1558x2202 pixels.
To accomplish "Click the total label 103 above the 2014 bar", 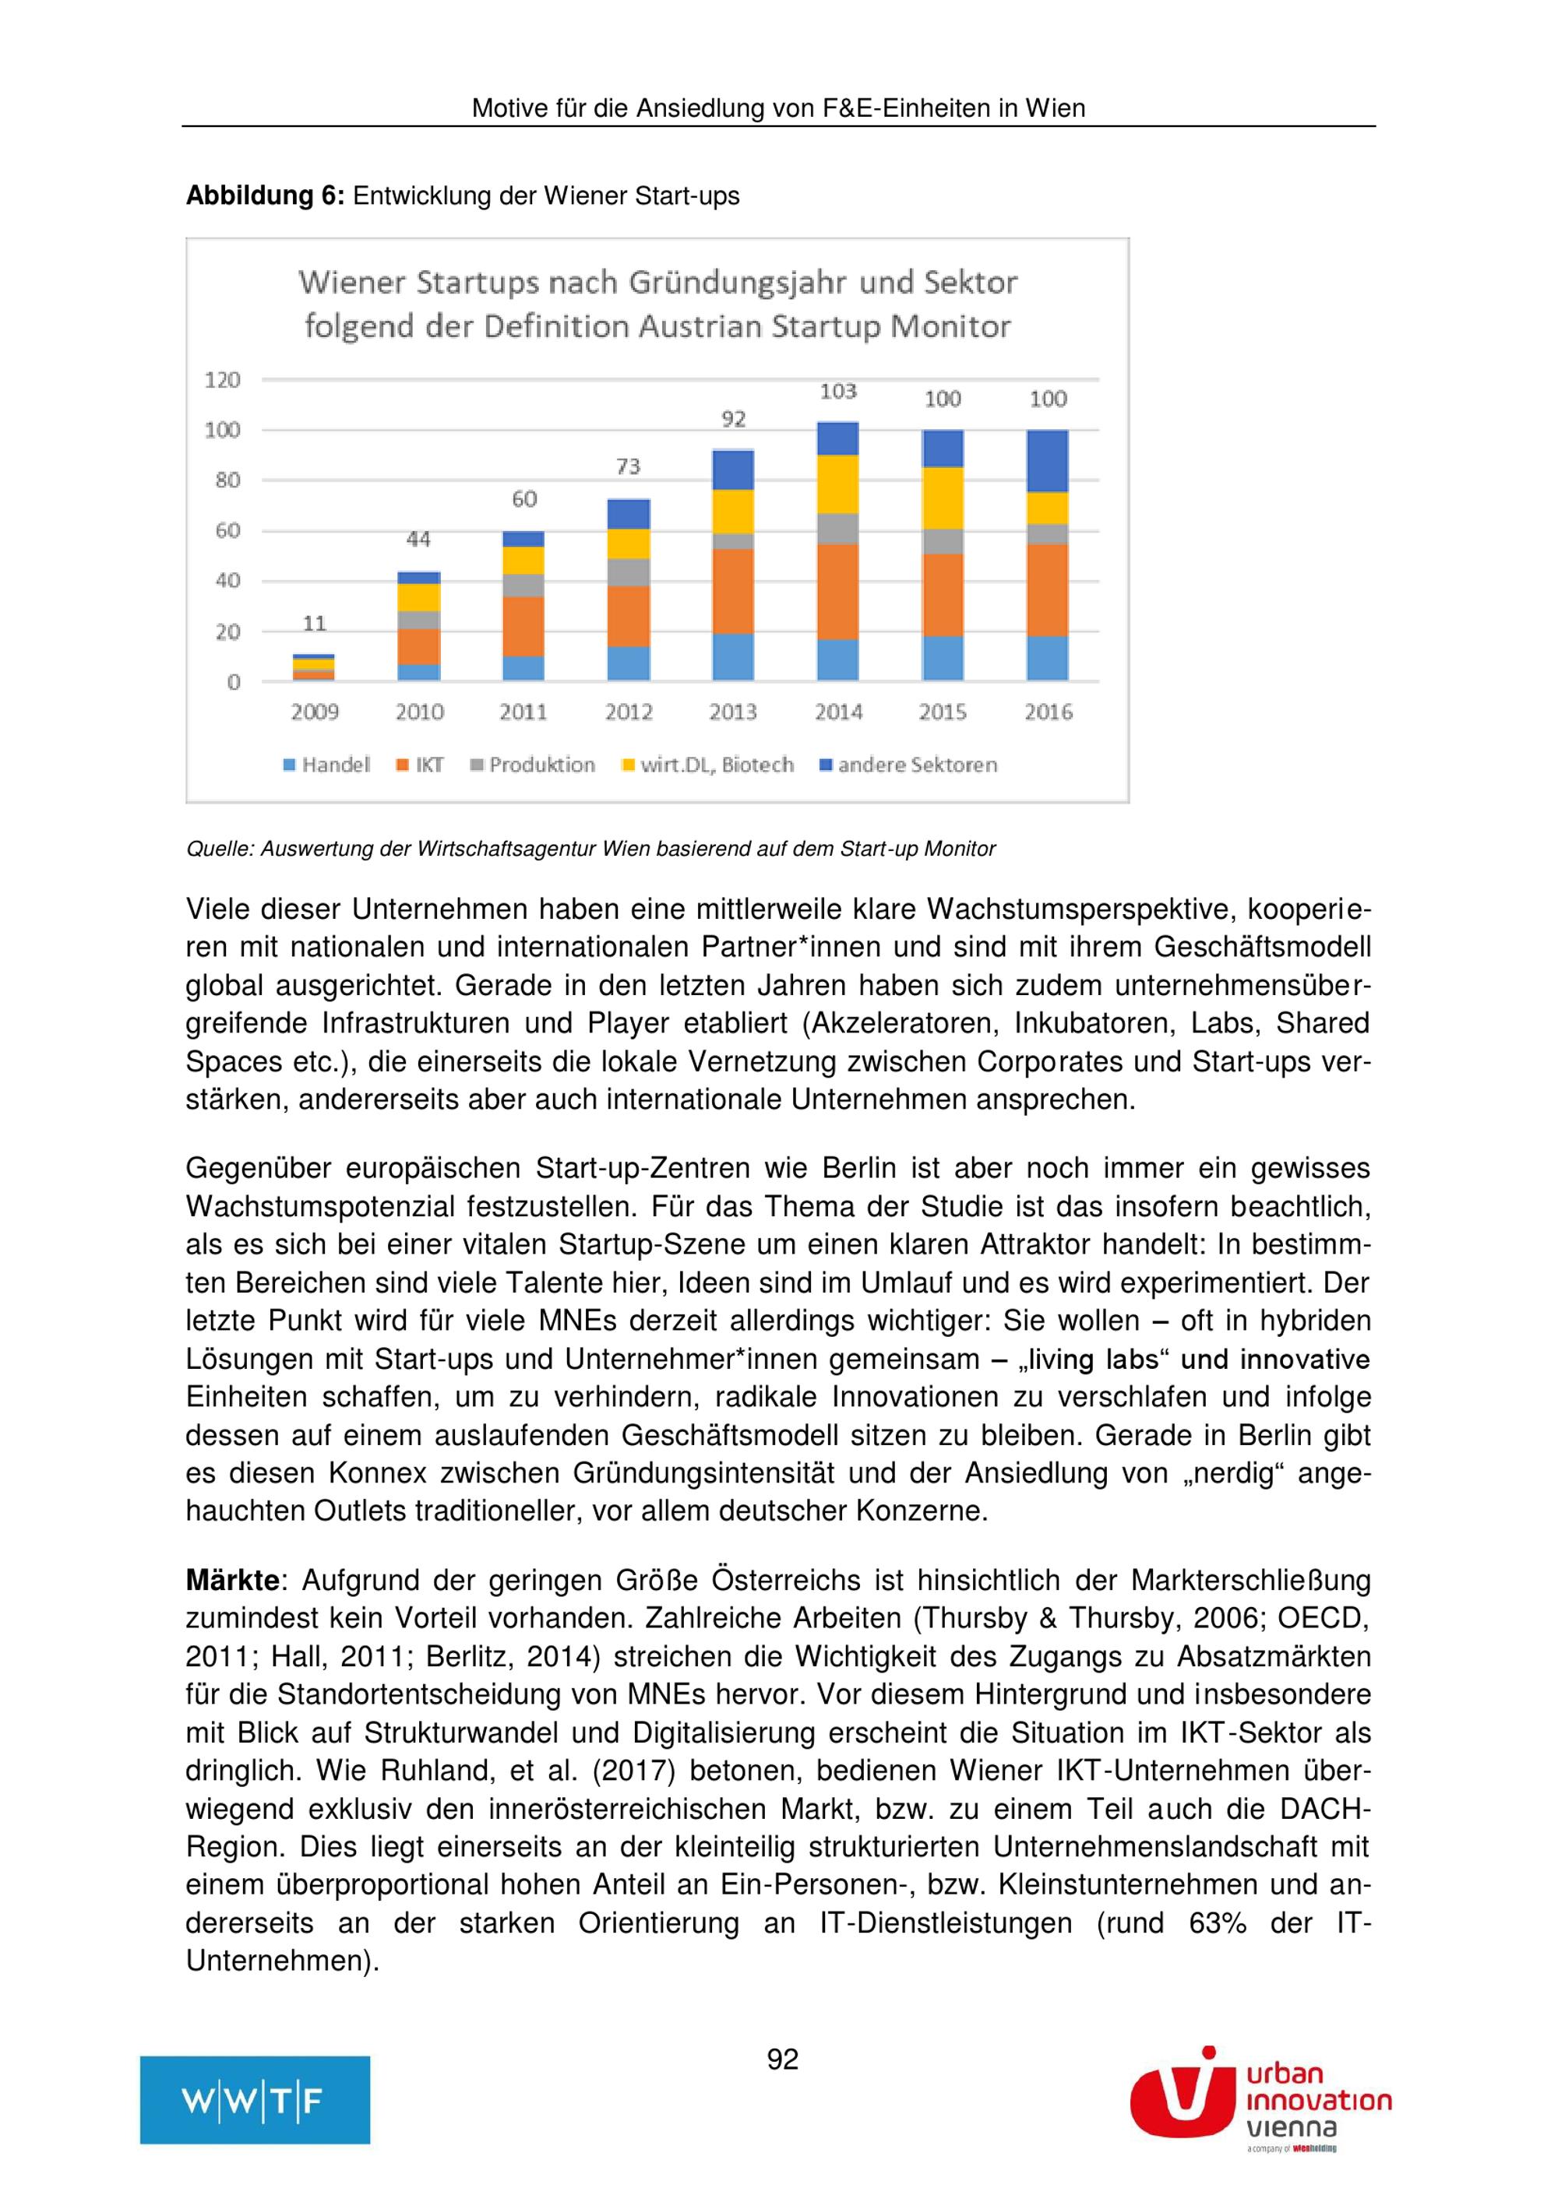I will (x=837, y=392).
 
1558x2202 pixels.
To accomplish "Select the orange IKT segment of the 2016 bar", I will (x=1048, y=590).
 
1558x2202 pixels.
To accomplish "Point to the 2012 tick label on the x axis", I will (x=629, y=712).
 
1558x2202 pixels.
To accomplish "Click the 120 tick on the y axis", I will (x=223, y=380).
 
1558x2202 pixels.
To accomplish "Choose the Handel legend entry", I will (x=326, y=765).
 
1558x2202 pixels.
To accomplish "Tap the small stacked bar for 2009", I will (x=314, y=667).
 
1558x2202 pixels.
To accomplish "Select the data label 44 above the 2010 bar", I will (x=418, y=539).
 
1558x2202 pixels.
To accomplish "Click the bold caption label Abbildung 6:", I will (x=265, y=195).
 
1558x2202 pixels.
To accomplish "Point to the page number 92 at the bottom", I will (x=782, y=2059).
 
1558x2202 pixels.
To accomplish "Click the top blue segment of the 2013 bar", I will (x=733, y=470).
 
